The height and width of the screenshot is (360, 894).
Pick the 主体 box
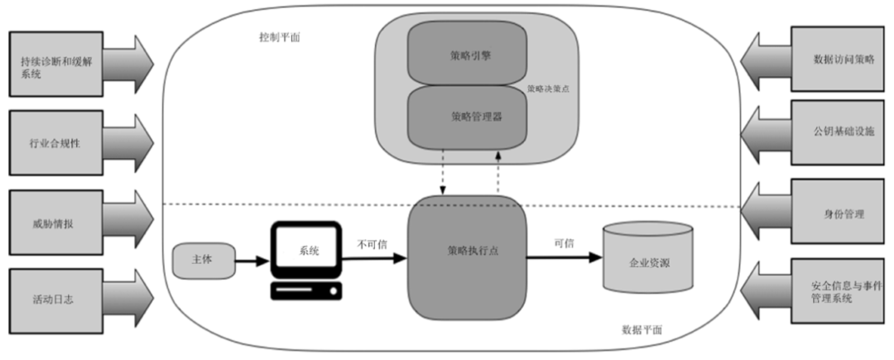pos(202,259)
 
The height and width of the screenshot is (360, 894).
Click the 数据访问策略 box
pos(838,59)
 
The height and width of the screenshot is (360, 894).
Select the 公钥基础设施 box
pos(838,132)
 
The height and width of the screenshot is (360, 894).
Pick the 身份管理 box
pos(838,213)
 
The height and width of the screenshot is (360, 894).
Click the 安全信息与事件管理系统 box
pos(838,292)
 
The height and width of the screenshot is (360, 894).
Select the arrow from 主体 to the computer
pos(252,260)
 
